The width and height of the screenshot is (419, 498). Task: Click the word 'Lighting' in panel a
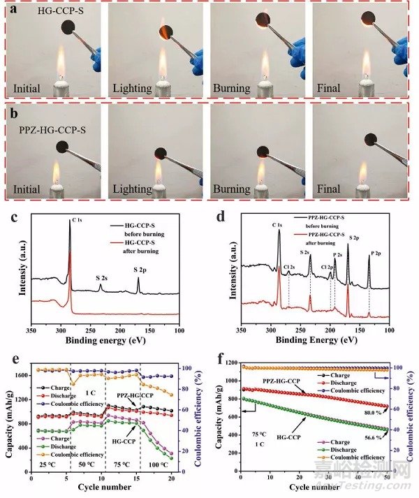pos(126,89)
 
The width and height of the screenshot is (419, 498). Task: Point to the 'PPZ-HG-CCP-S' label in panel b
pos(47,129)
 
